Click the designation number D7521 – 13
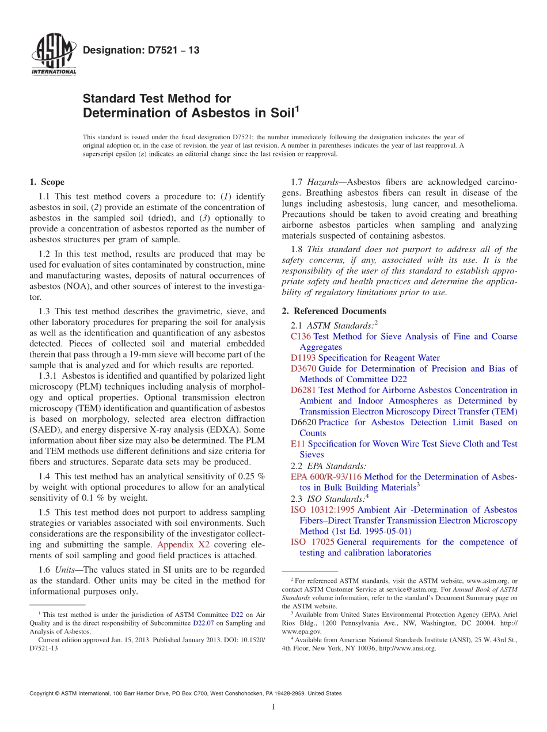pos(141,50)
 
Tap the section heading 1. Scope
pos(47,182)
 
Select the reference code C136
pos(301,337)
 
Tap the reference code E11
pos(298,444)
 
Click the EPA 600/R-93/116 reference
pos(326,476)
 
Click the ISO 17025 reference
pos(313,542)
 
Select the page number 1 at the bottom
pos(273,707)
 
